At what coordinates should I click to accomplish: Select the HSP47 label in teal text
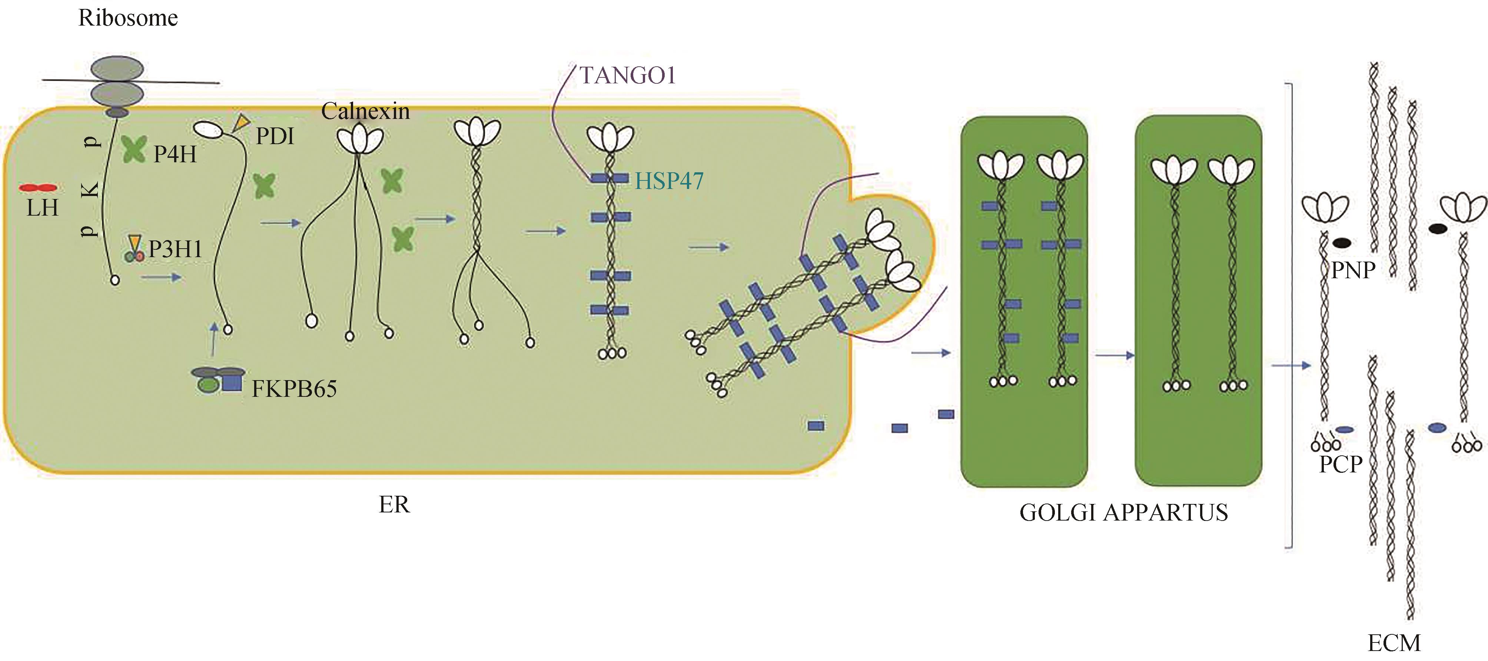click(x=669, y=182)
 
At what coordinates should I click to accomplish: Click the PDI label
click(x=275, y=136)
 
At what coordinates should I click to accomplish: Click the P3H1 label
click(x=175, y=249)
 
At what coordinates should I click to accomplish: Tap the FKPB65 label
click(x=294, y=389)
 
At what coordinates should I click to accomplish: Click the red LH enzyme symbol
click(x=38, y=188)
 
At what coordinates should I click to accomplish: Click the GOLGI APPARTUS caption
click(x=1123, y=512)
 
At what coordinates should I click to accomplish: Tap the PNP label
click(x=1353, y=270)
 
